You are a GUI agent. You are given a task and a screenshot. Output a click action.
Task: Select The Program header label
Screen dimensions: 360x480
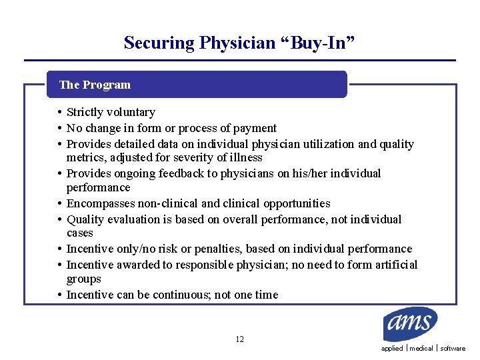(x=95, y=85)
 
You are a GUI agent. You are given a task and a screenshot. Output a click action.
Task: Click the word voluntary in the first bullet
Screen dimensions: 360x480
(x=130, y=113)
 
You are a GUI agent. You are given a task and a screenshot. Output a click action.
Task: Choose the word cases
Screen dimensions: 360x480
(x=79, y=233)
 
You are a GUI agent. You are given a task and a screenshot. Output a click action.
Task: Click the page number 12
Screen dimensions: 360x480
(x=239, y=339)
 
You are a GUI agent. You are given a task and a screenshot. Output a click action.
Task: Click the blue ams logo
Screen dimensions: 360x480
(x=410, y=324)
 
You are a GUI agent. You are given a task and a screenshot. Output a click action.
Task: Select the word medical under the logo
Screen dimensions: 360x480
(x=421, y=349)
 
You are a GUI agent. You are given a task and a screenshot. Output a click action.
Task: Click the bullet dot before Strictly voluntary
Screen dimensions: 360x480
(x=60, y=112)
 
